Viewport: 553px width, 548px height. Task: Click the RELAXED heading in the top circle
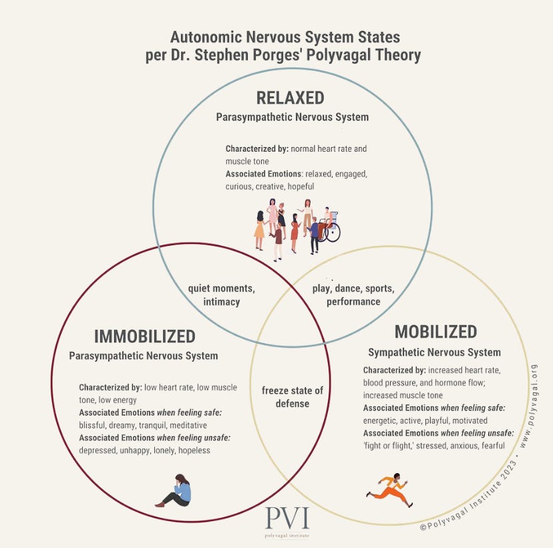click(x=290, y=98)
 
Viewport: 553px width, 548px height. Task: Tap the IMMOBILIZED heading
click(x=144, y=336)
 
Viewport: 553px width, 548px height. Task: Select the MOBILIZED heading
click(x=435, y=331)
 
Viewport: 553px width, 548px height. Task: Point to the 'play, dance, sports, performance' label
click(x=353, y=295)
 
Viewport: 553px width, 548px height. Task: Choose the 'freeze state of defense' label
click(x=292, y=398)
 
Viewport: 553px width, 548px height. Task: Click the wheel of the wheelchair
click(x=331, y=231)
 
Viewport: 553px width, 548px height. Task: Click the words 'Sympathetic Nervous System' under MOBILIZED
click(x=434, y=352)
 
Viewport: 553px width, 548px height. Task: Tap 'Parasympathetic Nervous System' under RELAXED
click(x=292, y=117)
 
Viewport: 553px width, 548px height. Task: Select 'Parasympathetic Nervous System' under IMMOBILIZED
click(x=144, y=356)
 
